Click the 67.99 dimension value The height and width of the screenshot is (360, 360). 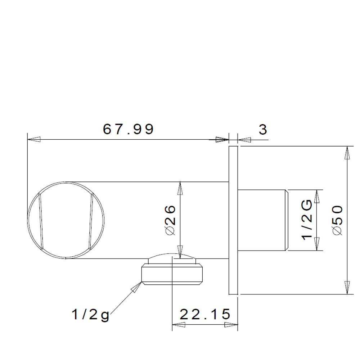click(128, 129)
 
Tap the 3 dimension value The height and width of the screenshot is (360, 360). click(263, 130)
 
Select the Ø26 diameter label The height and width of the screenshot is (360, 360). click(170, 220)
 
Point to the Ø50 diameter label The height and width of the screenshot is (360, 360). click(338, 220)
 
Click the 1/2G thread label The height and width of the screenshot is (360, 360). click(307, 220)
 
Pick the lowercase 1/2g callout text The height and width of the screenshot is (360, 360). click(90, 315)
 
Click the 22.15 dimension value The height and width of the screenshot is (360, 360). click(205, 314)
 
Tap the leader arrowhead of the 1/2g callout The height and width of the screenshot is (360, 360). click(136, 287)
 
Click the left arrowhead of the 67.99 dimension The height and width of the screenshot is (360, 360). click(34, 139)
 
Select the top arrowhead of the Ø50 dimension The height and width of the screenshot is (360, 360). click(347, 152)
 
